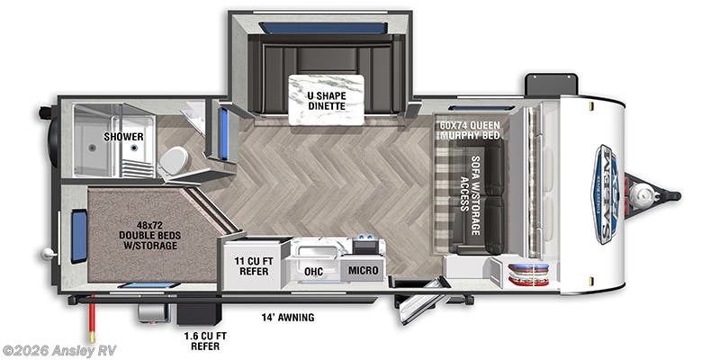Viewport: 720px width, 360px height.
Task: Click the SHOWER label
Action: point(123,137)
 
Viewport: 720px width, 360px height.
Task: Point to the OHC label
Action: point(313,270)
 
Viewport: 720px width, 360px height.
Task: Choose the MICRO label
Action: point(363,270)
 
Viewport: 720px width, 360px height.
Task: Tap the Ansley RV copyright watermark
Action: point(58,350)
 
